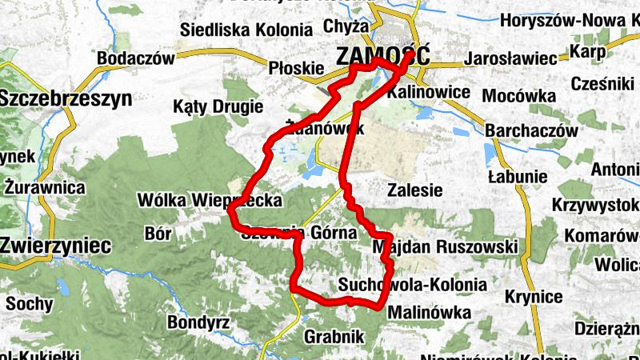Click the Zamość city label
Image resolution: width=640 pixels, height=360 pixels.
click(x=383, y=57)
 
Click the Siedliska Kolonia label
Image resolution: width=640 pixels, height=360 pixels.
click(x=246, y=30)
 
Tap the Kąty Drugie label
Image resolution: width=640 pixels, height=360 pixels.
click(x=218, y=106)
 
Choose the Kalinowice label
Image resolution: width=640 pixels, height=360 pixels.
click(x=428, y=92)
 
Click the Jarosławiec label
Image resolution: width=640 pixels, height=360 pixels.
click(x=510, y=59)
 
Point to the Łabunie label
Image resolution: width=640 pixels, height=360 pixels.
click(x=518, y=176)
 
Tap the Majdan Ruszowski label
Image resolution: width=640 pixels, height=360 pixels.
click(x=446, y=247)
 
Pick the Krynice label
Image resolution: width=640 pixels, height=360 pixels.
click(x=534, y=297)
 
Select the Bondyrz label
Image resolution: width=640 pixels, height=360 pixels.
click(x=199, y=322)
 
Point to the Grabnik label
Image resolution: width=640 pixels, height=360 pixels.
click(x=334, y=336)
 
